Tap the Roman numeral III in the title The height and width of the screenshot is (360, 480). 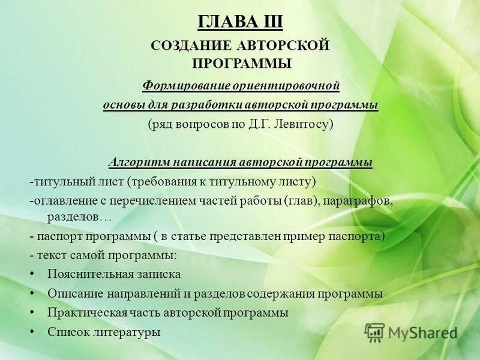[x=269, y=22]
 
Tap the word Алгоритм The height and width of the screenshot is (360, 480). [x=139, y=162]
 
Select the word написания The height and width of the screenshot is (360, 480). [x=205, y=162]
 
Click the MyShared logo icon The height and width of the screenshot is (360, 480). [x=375, y=332]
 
